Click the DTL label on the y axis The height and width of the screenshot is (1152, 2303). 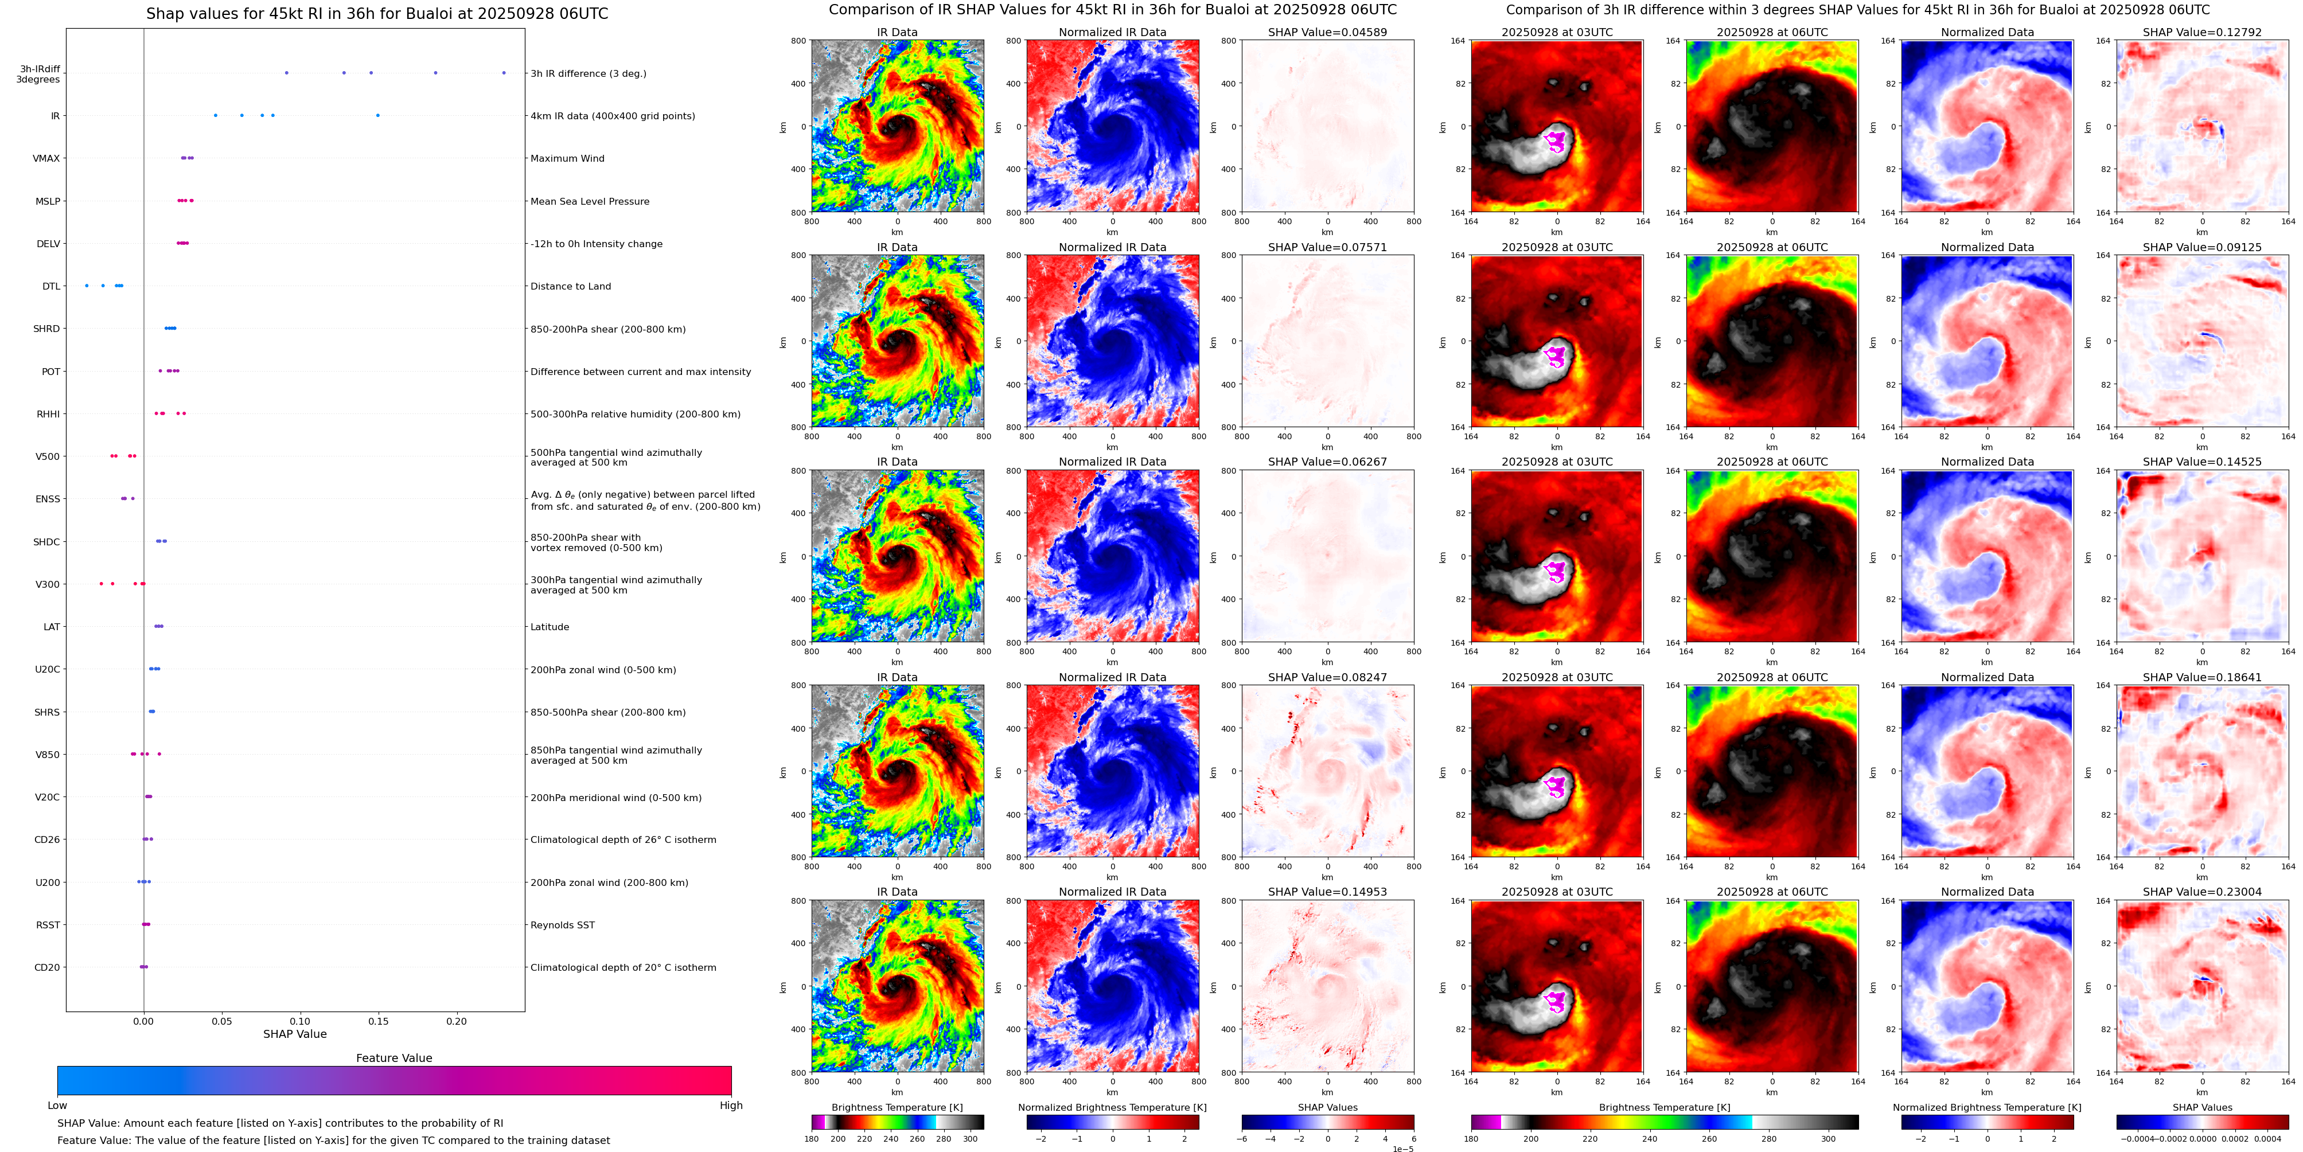(51, 287)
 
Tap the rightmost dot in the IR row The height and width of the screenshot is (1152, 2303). (377, 115)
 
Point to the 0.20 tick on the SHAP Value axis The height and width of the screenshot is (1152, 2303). (456, 1021)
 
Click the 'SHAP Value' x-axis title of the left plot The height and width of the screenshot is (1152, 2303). (294, 1034)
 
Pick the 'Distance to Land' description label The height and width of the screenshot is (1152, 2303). (570, 287)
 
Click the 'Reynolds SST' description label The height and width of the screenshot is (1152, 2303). (562, 925)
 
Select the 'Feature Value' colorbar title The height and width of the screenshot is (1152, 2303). (393, 1058)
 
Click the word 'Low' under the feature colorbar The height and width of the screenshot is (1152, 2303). (57, 1106)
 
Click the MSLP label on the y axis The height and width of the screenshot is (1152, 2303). (48, 202)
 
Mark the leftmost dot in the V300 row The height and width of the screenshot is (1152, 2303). (101, 584)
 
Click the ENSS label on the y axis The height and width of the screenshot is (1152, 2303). (48, 499)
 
